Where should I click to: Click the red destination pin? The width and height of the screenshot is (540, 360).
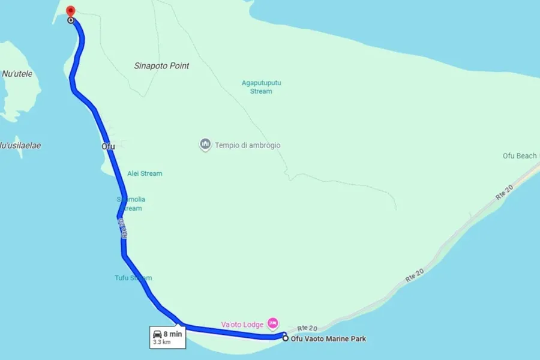(70, 11)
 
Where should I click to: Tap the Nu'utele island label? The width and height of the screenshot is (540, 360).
(17, 74)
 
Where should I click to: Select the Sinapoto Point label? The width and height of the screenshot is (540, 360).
(161, 66)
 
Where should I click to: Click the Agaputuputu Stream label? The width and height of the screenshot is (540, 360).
(261, 87)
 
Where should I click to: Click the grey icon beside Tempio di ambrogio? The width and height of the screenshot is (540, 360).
(205, 145)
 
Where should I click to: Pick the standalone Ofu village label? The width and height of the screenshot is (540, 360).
(108, 146)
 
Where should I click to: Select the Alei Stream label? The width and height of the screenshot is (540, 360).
(145, 173)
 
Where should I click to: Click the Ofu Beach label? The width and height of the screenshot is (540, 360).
(520, 156)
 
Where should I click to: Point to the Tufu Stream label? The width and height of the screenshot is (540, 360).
(133, 278)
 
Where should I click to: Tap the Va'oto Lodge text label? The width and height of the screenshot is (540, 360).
(242, 325)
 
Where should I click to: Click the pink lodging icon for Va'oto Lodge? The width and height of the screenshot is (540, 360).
(272, 323)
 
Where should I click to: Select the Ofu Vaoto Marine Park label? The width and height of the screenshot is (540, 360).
(328, 339)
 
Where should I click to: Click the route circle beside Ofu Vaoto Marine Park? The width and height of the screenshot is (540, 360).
(285, 338)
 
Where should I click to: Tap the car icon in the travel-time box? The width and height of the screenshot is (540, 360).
(157, 334)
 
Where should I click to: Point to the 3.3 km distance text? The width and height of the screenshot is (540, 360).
(161, 342)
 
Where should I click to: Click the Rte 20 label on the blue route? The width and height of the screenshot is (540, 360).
(123, 229)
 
